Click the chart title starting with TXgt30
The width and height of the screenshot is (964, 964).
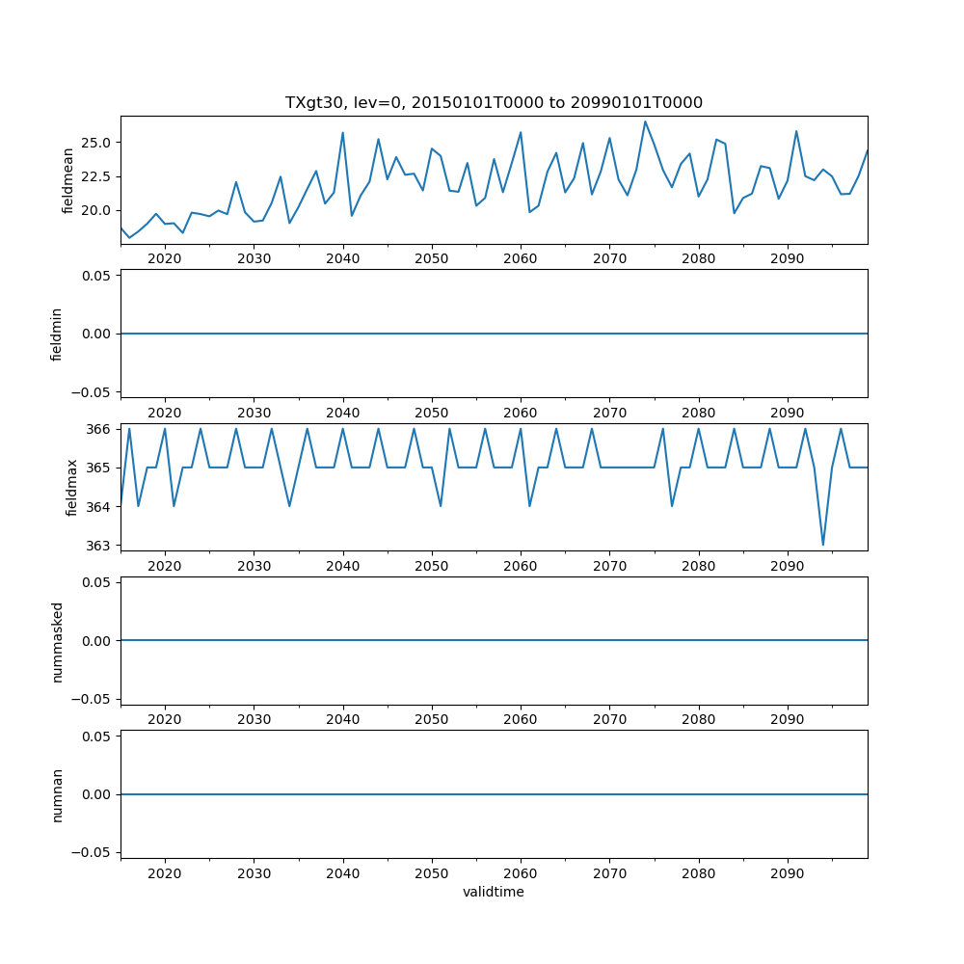tap(494, 102)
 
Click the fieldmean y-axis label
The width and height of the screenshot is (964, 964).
tap(68, 180)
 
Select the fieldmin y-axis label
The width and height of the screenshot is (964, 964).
tap(56, 334)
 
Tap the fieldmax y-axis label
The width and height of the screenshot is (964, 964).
tap(71, 487)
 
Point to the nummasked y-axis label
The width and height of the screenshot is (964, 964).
tap(56, 640)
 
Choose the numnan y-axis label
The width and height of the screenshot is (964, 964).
tap(56, 794)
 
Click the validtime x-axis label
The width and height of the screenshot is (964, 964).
tap(494, 893)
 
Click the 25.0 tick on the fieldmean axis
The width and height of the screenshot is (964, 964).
tap(97, 143)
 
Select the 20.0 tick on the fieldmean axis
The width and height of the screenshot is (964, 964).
tap(97, 210)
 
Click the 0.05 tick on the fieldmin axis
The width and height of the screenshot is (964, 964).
tap(97, 276)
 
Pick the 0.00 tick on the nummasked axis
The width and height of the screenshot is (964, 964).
tap(97, 640)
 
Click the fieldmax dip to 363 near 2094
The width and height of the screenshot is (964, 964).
tap(823, 545)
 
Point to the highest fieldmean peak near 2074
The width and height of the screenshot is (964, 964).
tap(645, 121)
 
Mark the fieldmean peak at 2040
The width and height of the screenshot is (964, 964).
tap(342, 133)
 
